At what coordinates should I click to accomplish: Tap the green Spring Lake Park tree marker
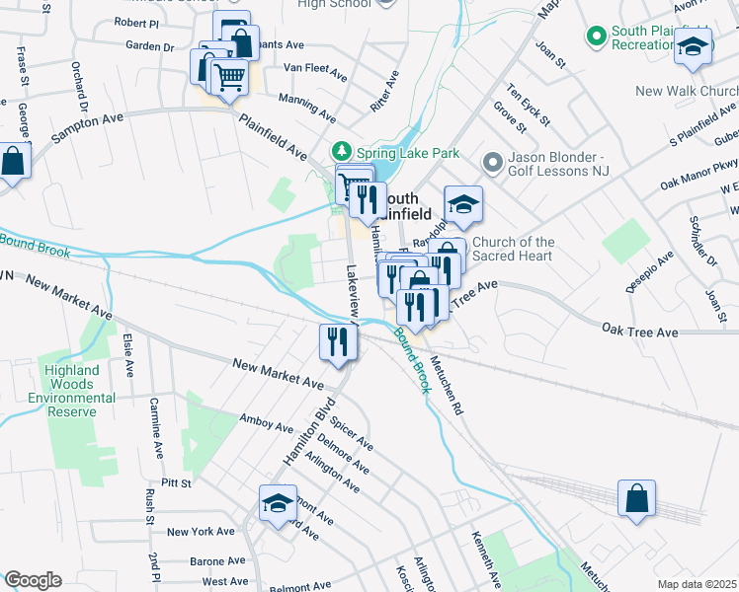coord(341,152)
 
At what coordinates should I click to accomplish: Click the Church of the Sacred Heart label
coord(514,251)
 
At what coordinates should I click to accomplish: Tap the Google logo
coord(32,580)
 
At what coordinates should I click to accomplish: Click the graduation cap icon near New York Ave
coord(278,502)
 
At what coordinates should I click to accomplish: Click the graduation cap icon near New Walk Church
coord(694,46)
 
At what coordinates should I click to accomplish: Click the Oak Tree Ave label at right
coord(640,333)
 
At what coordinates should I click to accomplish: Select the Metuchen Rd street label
coord(446,387)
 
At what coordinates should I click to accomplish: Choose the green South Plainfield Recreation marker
coord(595,37)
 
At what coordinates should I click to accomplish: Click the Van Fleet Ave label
coord(315,72)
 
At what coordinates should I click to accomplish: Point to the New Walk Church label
coord(687,91)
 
